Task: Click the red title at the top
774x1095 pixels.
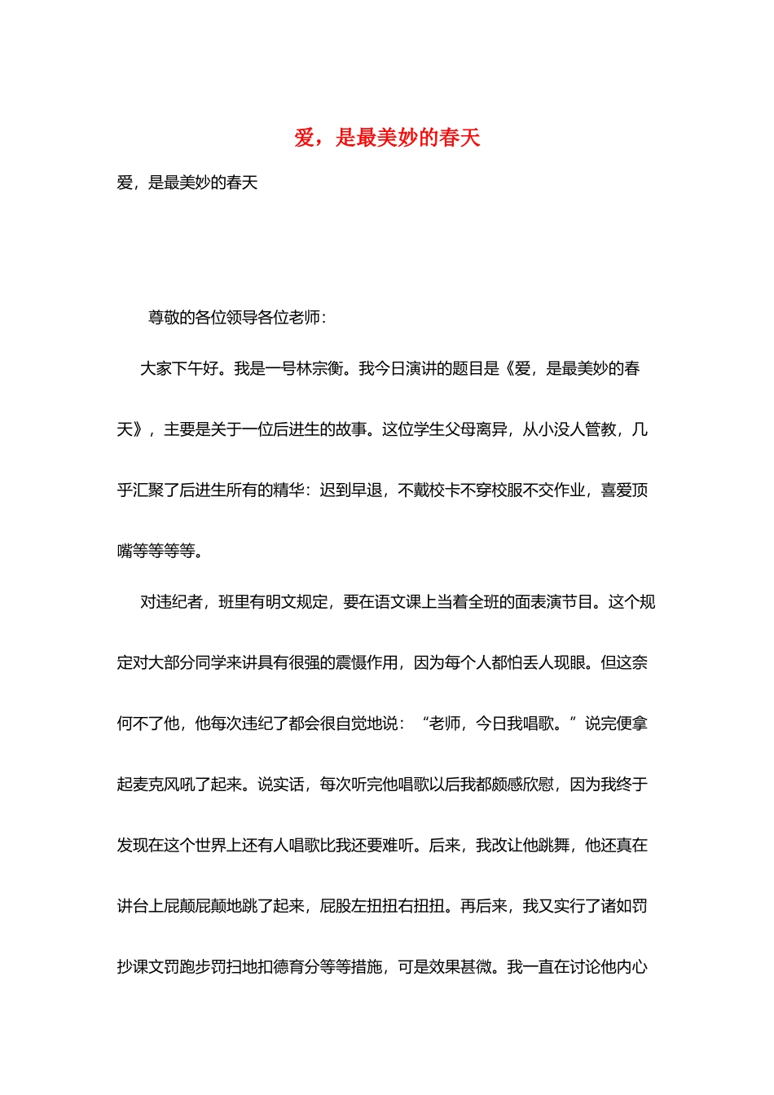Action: coord(387,138)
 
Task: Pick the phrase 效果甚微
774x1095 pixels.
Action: coord(461,967)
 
